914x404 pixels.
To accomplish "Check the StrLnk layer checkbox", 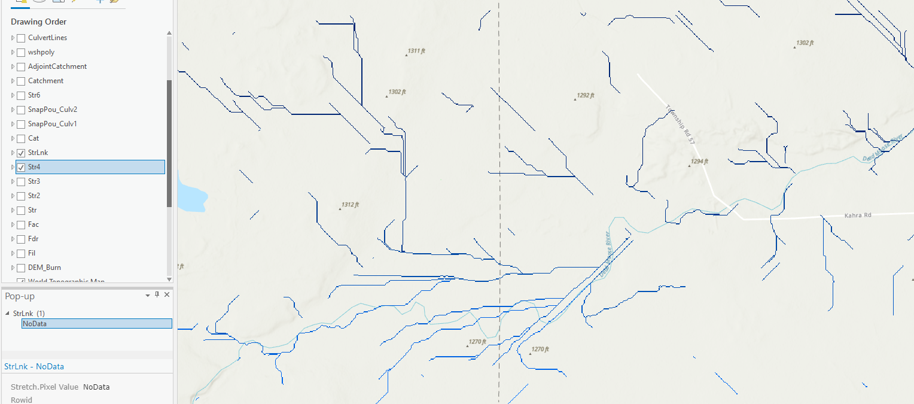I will point(21,153).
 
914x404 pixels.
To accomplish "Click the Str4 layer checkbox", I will point(21,167).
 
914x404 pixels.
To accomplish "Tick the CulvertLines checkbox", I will point(21,38).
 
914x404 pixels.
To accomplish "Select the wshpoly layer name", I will point(41,52).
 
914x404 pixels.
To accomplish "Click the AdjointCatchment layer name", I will point(57,66).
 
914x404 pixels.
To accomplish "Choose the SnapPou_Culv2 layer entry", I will point(53,110).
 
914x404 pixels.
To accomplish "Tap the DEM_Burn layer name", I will point(44,268).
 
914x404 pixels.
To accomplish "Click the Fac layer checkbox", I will point(21,224).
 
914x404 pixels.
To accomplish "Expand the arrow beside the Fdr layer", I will point(13,239).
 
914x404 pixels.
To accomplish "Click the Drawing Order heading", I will point(38,22).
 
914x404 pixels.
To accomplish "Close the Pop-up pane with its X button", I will point(167,295).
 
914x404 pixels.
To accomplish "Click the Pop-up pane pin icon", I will point(157,295).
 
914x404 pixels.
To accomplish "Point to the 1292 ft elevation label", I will point(585,96).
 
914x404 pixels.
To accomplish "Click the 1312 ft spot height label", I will point(350,205).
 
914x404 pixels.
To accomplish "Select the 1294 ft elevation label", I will point(699,162).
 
